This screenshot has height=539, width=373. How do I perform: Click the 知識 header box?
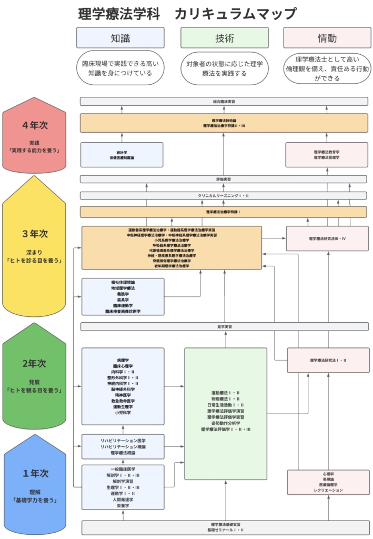[x=120, y=38]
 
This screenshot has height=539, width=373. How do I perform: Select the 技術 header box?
[x=225, y=38]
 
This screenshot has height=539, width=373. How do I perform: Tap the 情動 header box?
[x=327, y=38]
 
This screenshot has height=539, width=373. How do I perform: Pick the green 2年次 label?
[x=35, y=364]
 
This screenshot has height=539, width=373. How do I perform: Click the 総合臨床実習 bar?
[x=224, y=101]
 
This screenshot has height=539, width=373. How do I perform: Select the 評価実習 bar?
[x=224, y=179]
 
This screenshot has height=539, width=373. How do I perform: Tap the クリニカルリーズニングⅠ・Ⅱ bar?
[x=224, y=196]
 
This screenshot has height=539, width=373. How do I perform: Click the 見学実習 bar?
[x=224, y=326]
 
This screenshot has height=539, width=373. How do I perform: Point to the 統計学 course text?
[x=122, y=152]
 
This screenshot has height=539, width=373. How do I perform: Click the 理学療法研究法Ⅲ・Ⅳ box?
[x=327, y=238]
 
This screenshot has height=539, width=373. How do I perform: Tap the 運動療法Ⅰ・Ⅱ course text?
[x=225, y=393]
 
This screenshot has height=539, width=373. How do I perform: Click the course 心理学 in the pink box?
[x=328, y=474]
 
